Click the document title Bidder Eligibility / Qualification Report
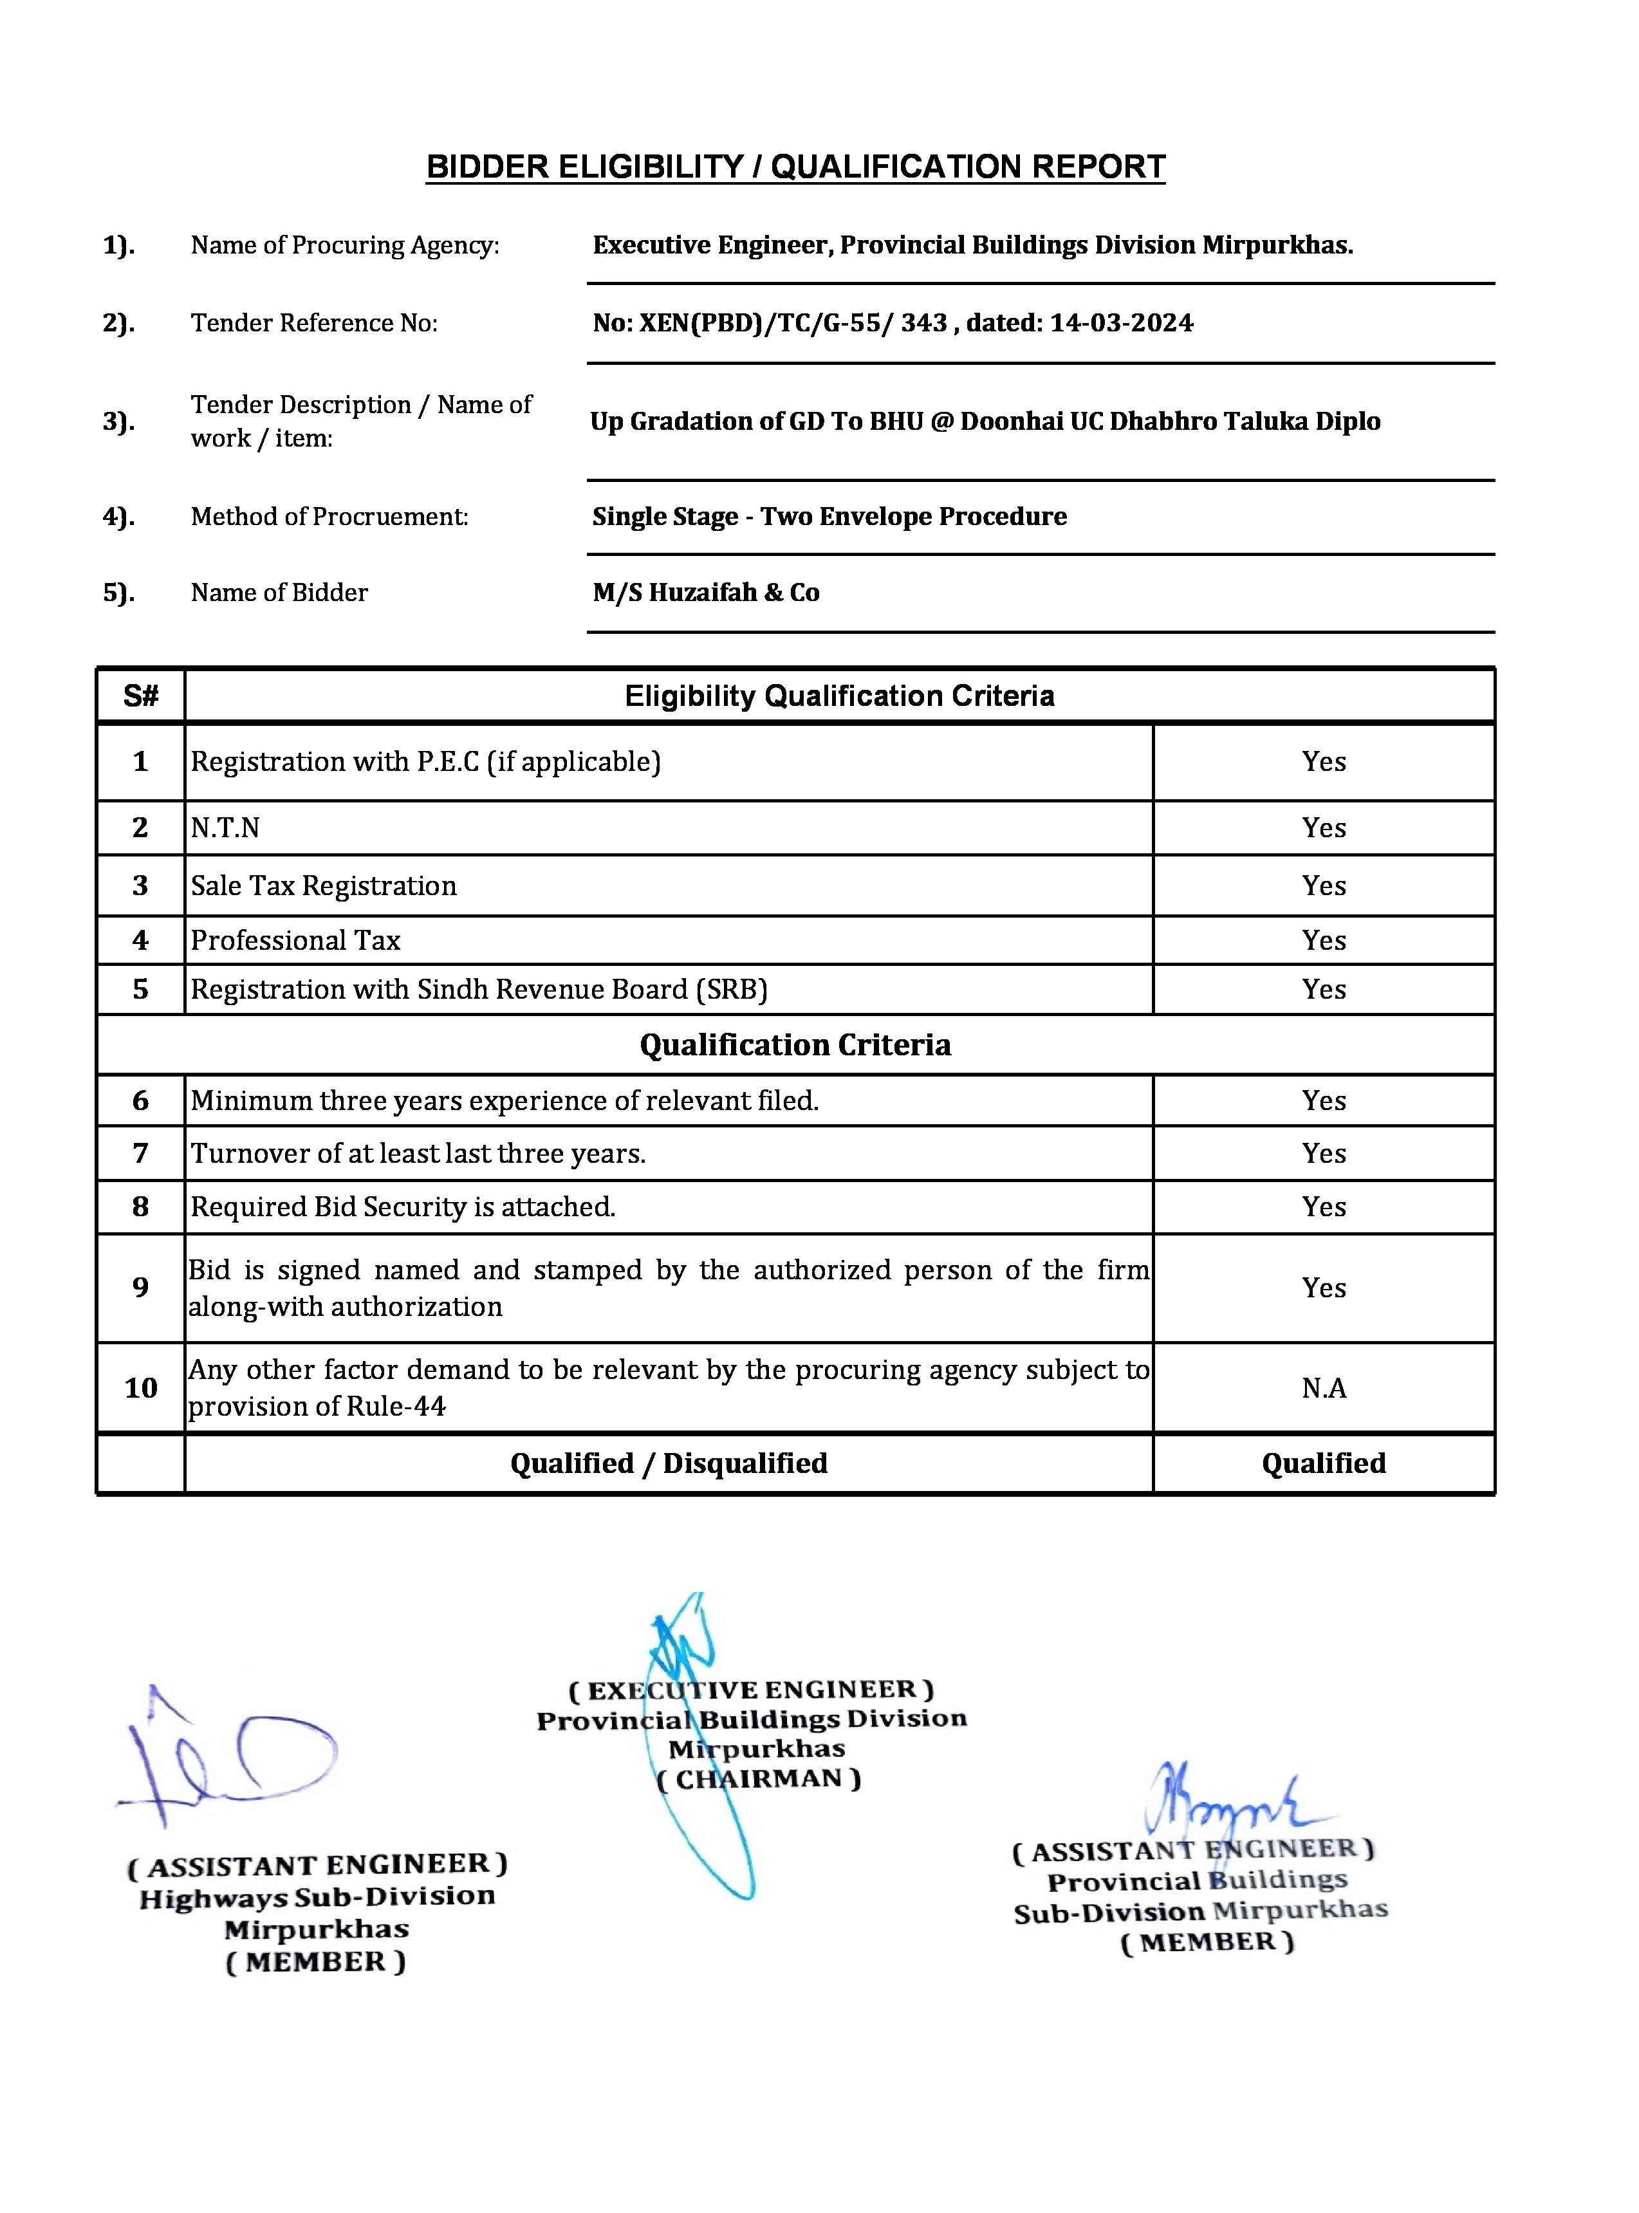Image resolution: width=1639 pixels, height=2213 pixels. (795, 167)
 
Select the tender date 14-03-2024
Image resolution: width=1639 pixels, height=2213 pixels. (1121, 324)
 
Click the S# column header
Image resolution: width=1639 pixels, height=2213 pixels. (141, 696)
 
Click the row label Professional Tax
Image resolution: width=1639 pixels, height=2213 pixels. (295, 940)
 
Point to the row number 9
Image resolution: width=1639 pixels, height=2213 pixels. (141, 1288)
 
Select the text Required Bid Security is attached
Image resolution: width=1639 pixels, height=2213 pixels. (403, 1207)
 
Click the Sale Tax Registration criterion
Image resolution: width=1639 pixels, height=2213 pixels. (324, 886)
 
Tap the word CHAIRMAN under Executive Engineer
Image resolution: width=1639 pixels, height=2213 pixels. (759, 1779)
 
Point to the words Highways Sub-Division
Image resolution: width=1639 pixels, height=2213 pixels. (317, 1896)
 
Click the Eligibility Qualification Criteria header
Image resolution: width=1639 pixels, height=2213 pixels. (838, 696)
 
